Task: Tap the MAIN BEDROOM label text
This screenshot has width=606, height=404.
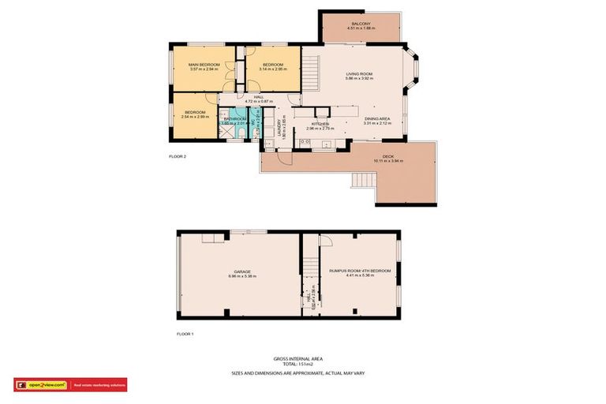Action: pyautogui.click(x=204, y=64)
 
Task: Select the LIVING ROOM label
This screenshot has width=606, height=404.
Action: pyautogui.click(x=359, y=73)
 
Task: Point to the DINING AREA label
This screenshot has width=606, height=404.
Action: pyautogui.click(x=376, y=118)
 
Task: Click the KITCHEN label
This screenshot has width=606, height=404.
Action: pyautogui.click(x=320, y=124)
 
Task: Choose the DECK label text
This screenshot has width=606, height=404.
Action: pyautogui.click(x=388, y=156)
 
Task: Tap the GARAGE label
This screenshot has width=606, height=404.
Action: pyautogui.click(x=242, y=271)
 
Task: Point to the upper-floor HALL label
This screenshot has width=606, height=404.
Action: pyautogui.click(x=259, y=96)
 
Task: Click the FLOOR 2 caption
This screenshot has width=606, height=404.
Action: pyautogui.click(x=178, y=156)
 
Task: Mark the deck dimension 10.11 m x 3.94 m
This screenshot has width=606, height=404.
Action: pyautogui.click(x=388, y=161)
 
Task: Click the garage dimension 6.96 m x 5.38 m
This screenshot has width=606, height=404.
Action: pyautogui.click(x=242, y=276)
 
